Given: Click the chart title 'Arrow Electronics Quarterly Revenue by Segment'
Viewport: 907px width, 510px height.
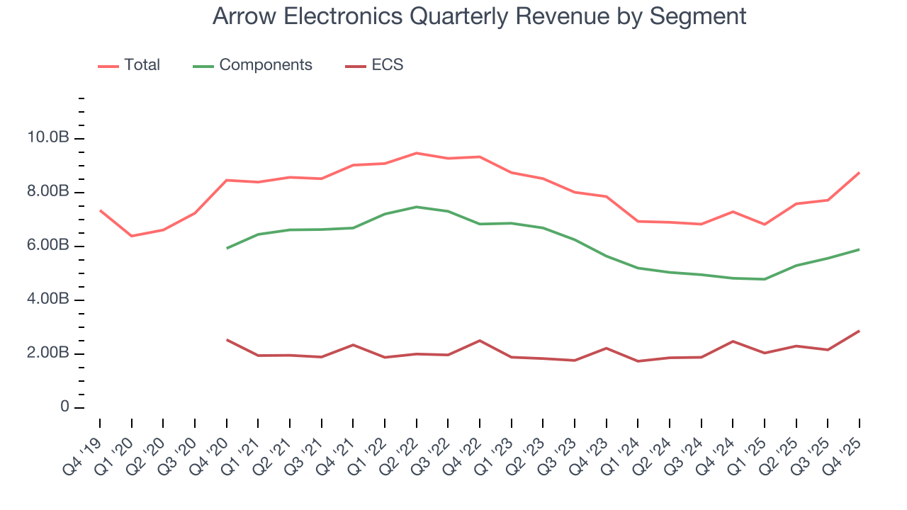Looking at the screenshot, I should click(479, 16).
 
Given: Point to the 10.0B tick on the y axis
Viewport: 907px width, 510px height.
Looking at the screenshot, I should click(49, 138).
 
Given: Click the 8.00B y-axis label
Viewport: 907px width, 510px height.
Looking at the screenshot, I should click(49, 192).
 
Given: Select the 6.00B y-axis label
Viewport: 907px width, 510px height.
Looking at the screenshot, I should click(49, 246).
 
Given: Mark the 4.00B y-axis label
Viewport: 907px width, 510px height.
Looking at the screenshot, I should click(49, 300).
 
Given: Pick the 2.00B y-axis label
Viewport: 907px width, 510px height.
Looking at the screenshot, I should click(49, 353).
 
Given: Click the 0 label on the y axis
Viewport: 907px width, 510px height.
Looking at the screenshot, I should click(64, 407).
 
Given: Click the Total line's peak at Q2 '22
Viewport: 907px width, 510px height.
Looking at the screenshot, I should click(416, 153).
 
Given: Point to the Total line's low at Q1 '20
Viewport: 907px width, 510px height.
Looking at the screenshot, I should click(131, 236).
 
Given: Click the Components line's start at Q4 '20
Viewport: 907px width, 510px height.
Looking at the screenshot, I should click(226, 248).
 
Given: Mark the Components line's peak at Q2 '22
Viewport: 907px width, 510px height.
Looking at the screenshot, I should click(416, 207).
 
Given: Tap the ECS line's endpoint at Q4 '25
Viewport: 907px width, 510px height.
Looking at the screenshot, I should click(859, 331).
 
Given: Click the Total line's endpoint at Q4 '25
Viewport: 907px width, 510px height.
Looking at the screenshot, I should click(859, 173).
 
